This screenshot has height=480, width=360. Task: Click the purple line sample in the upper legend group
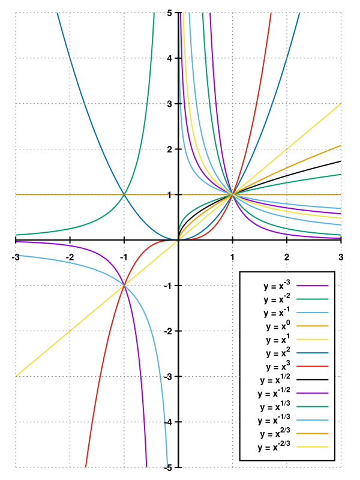coord(313,286)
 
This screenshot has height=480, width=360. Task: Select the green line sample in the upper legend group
coord(313,299)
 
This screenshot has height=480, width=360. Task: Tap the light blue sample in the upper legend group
coord(313,313)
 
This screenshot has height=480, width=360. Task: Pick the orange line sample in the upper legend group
coord(313,326)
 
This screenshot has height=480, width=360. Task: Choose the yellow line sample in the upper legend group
coord(313,339)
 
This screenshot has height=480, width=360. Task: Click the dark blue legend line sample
coord(313,353)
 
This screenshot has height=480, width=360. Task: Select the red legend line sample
coord(313,366)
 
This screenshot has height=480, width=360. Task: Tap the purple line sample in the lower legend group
coord(313,393)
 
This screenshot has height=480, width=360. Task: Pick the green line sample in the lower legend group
coord(313,406)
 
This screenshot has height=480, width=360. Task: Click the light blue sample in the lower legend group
coord(313,420)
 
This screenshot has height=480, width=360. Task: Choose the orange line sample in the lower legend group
coord(313,433)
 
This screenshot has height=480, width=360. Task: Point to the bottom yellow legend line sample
coord(313,446)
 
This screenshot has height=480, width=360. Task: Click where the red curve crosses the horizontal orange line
coord(233,194)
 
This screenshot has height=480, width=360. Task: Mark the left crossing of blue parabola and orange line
coord(124,194)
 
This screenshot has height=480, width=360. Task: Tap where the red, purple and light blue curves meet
coord(124,286)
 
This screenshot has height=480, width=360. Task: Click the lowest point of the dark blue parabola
coord(178,239)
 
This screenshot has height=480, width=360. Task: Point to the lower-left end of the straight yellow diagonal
coord(16,376)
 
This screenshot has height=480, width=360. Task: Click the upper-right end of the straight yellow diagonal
coord(341,104)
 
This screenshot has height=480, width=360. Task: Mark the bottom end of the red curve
coord(86,467)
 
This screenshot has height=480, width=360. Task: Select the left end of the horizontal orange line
coord(16,194)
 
